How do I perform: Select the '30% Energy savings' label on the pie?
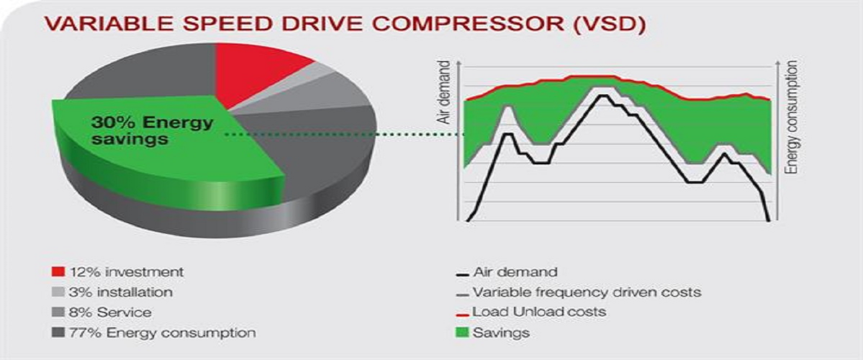pyautogui.click(x=152, y=130)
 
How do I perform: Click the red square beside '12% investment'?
pyautogui.click(x=58, y=272)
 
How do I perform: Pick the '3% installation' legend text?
pyautogui.click(x=120, y=292)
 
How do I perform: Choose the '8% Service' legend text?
pyautogui.click(x=109, y=312)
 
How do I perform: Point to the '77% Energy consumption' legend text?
pyautogui.click(x=162, y=333)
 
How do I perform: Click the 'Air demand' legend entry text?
pyautogui.click(x=515, y=272)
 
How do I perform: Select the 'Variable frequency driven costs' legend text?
pyautogui.click(x=587, y=292)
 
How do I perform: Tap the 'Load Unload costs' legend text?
pyautogui.click(x=539, y=312)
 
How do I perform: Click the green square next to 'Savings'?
pyautogui.click(x=463, y=333)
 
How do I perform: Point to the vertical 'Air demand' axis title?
pyautogui.click(x=443, y=92)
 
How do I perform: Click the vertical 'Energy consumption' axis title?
pyautogui.click(x=792, y=117)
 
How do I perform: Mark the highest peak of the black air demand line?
pyautogui.click(x=602, y=95)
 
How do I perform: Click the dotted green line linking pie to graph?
pyautogui.click(x=345, y=135)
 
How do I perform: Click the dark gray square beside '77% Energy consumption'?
pyautogui.click(x=58, y=333)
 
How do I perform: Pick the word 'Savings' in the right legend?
pyautogui.click(x=502, y=333)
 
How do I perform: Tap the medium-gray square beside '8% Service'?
pyautogui.click(x=58, y=312)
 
